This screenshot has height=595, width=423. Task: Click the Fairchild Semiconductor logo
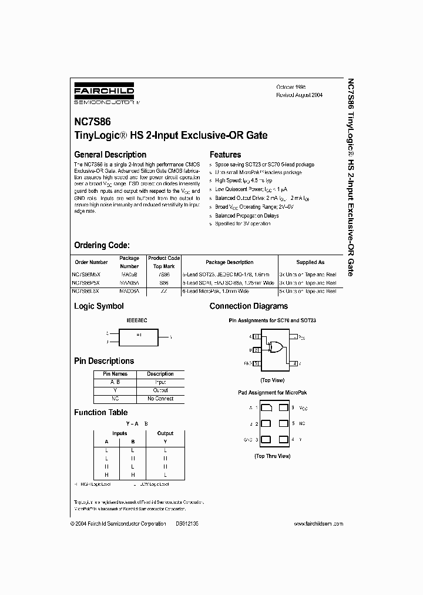coord(104,93)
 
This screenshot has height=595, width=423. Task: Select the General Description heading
coord(110,155)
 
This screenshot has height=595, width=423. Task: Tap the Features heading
coord(225,155)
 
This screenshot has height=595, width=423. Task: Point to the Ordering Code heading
coord(101,245)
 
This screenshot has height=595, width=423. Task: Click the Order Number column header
coord(92,262)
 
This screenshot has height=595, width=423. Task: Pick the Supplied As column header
coord(310,262)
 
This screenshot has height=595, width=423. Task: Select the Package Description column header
coord(230,262)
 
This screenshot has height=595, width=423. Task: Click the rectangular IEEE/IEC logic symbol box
coord(139,337)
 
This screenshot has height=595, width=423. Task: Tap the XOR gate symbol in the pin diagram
coord(274,347)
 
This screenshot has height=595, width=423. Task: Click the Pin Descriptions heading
coord(103,361)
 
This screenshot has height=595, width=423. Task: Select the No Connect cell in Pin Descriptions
coord(160,399)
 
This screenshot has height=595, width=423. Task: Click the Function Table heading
coord(100,413)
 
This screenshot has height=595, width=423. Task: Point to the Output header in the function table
coord(165,433)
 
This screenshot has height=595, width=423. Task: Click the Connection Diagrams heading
coord(249,306)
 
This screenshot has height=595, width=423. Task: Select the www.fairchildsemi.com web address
coord(318,523)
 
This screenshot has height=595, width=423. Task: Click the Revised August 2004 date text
coord(299,95)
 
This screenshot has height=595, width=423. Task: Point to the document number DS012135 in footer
coord(187,523)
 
